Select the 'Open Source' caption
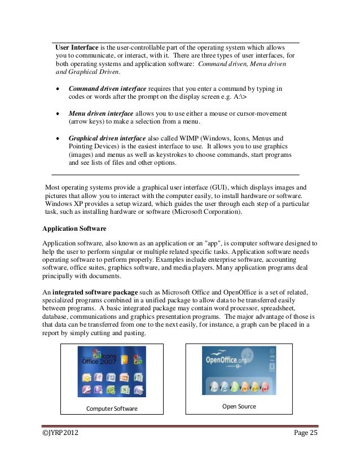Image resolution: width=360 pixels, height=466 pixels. (x=239, y=406)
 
